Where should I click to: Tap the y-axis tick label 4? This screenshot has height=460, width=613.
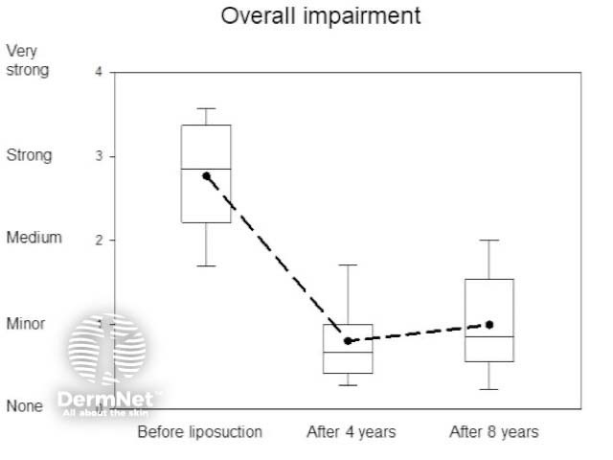99,72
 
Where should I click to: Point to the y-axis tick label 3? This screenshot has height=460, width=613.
99,156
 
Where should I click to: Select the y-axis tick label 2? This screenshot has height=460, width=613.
99,240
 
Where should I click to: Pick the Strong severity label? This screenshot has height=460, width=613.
28,155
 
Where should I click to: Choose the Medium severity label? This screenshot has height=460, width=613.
34,238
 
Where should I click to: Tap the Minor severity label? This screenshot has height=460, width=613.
26,324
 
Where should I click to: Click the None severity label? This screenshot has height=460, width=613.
25,406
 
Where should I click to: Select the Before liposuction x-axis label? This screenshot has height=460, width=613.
199,432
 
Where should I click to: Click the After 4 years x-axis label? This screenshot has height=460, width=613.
351,432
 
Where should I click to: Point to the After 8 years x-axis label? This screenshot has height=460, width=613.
493,432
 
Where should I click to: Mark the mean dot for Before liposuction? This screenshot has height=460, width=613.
206,176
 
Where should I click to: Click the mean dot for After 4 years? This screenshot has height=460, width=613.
348,340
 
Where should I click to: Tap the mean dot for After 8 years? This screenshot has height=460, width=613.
489,325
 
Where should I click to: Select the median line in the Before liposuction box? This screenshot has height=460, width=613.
206,169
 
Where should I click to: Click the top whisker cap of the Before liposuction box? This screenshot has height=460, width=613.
206,108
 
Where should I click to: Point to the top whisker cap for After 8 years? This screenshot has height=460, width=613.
489,241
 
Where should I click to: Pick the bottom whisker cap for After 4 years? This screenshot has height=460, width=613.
348,385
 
